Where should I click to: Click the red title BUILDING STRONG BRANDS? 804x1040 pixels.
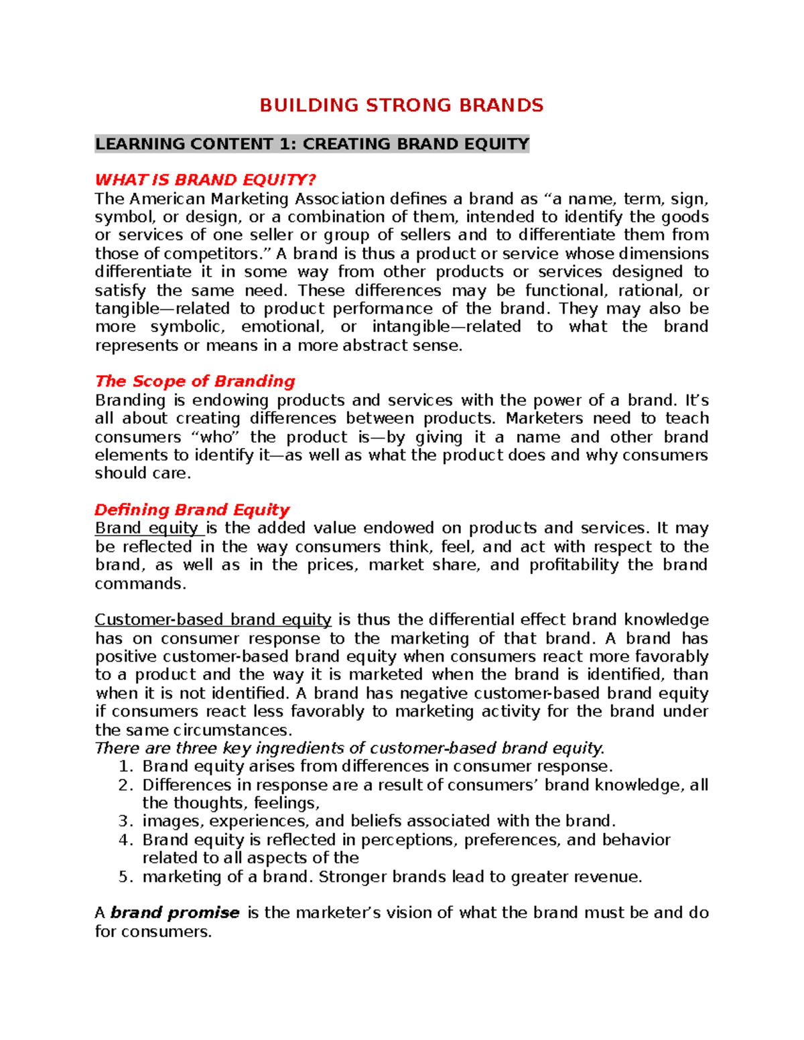pyautogui.click(x=401, y=105)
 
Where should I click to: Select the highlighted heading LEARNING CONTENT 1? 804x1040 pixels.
pyautogui.click(x=312, y=144)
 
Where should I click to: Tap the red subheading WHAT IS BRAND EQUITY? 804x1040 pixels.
pyautogui.click(x=205, y=179)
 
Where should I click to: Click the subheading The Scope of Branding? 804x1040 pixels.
pyautogui.click(x=195, y=381)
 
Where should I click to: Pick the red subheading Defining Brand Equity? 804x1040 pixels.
pyautogui.click(x=192, y=510)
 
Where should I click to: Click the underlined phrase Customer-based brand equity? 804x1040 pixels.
pyautogui.click(x=213, y=619)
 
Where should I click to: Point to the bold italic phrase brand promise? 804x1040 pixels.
pyautogui.click(x=175, y=913)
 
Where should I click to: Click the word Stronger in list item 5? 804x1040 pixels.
pyautogui.click(x=352, y=877)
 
